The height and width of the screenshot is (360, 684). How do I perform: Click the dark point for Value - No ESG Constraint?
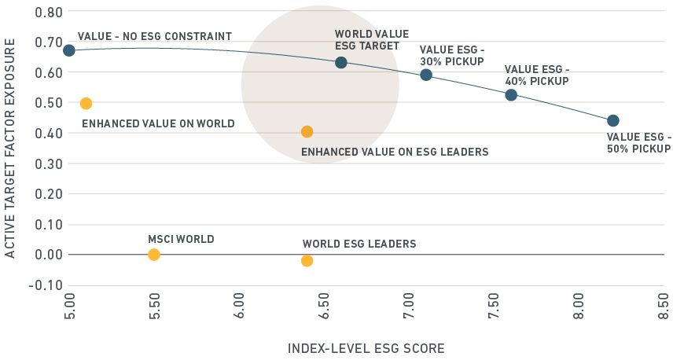69,50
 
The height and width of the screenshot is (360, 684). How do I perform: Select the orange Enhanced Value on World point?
86,104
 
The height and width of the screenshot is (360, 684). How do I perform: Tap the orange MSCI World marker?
154,255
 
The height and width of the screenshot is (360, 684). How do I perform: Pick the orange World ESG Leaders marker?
307,261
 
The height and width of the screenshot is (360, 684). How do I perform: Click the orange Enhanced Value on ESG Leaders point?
307,132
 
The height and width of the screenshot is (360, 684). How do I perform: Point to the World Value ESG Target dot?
340,62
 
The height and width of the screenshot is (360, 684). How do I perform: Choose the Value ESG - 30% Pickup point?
426,75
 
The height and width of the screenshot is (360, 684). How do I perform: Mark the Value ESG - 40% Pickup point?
511,95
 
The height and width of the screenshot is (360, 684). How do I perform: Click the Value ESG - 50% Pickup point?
613,120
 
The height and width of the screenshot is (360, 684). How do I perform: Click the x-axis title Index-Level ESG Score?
366,347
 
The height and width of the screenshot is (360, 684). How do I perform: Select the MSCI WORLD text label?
181,239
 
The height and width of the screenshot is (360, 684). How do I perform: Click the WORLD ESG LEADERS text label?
359,244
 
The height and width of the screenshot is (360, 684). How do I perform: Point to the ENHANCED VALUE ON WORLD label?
158,123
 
